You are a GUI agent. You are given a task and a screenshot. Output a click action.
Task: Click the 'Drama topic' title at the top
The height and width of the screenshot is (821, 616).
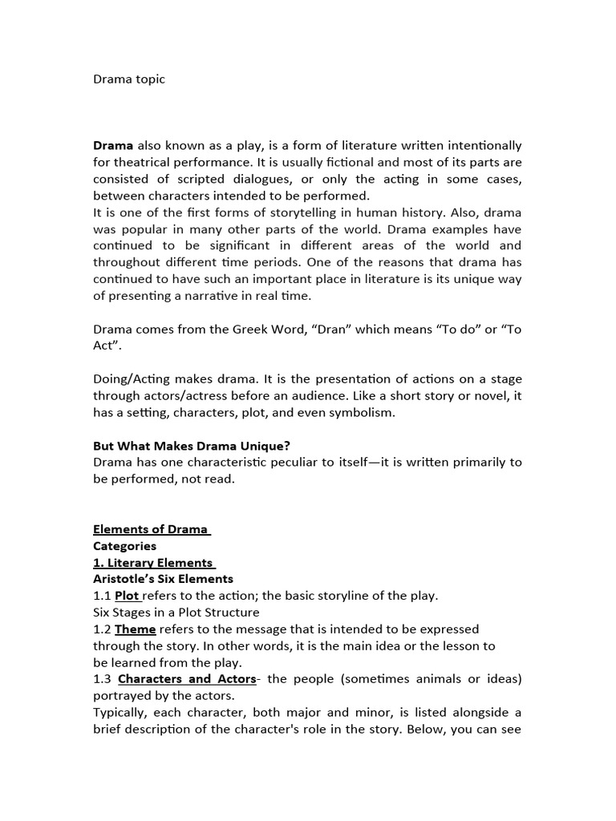click(129, 79)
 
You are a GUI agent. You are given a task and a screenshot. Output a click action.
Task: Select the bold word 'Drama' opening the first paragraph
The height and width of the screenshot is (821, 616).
click(113, 145)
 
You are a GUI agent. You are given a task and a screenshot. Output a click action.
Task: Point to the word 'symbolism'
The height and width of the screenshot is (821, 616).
click(366, 411)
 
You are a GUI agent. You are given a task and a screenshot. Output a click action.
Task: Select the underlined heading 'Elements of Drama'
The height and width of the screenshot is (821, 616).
click(150, 529)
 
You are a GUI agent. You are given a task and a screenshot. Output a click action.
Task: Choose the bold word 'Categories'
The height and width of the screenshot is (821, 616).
click(124, 545)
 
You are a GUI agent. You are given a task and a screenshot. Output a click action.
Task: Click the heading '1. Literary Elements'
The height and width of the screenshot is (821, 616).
click(153, 562)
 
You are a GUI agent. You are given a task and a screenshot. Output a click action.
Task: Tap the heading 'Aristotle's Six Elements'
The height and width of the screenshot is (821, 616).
click(163, 579)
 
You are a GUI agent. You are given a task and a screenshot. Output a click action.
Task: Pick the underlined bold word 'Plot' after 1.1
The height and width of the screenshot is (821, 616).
click(127, 596)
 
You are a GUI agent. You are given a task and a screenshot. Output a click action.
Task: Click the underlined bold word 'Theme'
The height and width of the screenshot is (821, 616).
click(136, 629)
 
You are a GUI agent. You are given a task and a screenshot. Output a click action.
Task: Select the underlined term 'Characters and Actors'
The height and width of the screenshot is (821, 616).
click(187, 679)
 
